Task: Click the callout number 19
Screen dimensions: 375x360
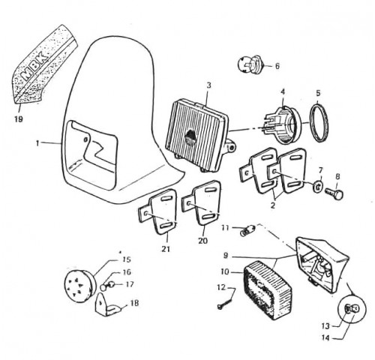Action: pos(19,119)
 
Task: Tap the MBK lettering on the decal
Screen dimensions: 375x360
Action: pos(34,66)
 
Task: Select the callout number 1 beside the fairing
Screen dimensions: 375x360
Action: pos(37,143)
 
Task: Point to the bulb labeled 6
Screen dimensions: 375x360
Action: pos(250,64)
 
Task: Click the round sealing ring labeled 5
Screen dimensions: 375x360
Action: pos(319,123)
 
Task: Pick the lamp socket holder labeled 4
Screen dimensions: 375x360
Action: pos(283,124)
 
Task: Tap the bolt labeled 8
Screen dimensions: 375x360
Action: pos(334,193)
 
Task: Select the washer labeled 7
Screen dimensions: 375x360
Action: pos(318,187)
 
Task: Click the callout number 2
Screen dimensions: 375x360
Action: pos(273,205)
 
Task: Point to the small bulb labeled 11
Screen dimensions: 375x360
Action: pos(247,230)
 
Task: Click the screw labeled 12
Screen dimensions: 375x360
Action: pos(225,302)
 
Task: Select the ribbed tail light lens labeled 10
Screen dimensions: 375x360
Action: pos(268,289)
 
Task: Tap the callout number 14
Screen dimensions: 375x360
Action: pos(325,338)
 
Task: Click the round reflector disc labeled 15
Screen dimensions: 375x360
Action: pos(79,286)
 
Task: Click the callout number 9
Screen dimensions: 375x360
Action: pos(226,256)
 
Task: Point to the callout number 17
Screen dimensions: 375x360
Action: pos(130,284)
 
